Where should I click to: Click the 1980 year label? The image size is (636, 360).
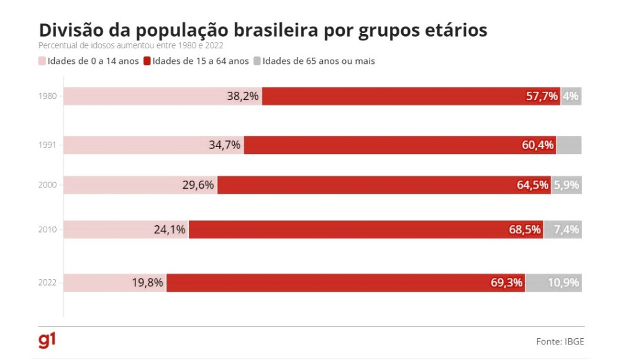[47, 96]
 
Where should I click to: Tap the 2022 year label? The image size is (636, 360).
[47, 282]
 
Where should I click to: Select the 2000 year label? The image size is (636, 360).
[47, 185]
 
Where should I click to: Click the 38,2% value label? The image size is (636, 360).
[243, 96]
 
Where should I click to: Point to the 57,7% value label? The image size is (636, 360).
[542, 96]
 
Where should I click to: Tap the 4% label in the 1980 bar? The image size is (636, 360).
[571, 96]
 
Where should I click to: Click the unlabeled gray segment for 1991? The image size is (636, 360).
[569, 145]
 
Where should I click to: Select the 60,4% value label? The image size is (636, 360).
[537, 145]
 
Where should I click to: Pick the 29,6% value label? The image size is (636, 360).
[198, 185]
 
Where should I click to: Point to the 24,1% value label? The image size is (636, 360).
[170, 230]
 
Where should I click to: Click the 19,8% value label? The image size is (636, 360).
[147, 282]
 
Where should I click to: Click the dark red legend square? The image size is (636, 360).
[147, 61]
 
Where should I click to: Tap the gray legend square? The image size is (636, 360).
[257, 61]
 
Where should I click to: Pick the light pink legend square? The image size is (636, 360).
[42, 61]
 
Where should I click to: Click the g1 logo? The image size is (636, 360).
[47, 341]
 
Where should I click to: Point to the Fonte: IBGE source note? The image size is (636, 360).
[560, 341]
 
